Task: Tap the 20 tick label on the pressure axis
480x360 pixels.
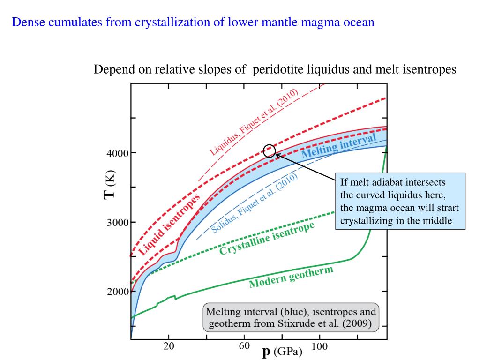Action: [x=169, y=347]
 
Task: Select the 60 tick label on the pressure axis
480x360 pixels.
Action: [x=244, y=347]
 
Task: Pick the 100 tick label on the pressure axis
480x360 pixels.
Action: [x=320, y=347]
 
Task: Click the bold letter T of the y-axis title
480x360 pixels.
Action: [x=109, y=192]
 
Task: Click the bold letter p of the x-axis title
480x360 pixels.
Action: [x=267, y=352]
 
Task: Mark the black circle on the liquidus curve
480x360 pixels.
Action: [x=269, y=150]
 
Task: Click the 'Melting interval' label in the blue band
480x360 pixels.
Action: [x=338, y=146]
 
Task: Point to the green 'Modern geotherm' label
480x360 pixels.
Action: [x=291, y=277]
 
